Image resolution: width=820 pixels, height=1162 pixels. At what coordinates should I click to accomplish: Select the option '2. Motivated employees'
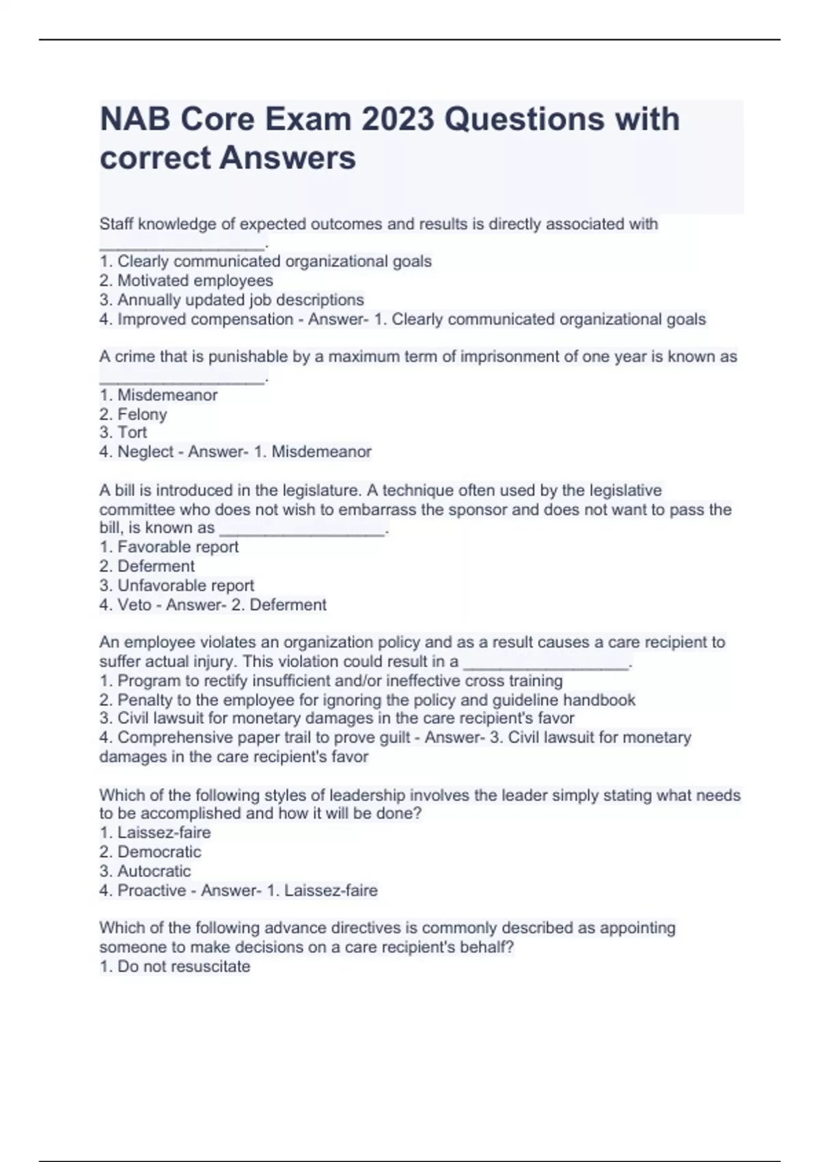[x=186, y=280]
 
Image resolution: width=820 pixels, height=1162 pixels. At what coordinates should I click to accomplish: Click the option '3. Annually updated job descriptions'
[x=232, y=299]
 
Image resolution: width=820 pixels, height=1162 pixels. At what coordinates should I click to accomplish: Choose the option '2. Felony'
[x=133, y=414]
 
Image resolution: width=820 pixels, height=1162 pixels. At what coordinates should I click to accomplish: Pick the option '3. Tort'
[x=123, y=432]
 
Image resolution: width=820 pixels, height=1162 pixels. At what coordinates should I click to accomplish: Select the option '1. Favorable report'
[x=169, y=547]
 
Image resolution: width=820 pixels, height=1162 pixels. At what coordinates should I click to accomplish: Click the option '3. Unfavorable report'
[x=176, y=585]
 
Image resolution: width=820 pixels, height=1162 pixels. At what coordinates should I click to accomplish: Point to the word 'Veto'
[x=135, y=605]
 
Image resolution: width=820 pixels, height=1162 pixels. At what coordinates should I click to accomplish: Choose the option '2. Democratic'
[x=150, y=852]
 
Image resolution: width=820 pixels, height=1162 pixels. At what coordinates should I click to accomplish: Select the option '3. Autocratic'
[x=145, y=871]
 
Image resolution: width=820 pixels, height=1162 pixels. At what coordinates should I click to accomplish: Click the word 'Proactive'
[x=152, y=891]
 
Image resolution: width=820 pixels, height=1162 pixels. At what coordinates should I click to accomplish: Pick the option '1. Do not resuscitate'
[x=175, y=967]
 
